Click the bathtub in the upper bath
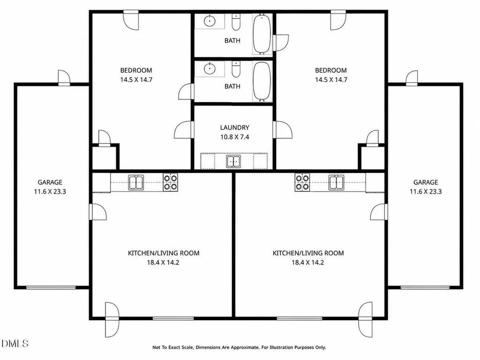262,34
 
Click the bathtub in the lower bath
262,81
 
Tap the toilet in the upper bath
236,22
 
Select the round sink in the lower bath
210,68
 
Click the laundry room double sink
233,161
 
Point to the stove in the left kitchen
170,182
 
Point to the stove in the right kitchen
302,182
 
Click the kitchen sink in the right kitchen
336,182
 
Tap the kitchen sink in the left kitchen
136,182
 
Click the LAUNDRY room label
234,127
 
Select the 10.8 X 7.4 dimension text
234,137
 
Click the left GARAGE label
50,182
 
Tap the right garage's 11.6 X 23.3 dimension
426,192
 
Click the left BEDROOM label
136,70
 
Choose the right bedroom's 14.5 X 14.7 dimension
331,80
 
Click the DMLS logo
15,343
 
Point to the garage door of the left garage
51,287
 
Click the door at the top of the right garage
412,78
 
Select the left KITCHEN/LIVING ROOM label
164,253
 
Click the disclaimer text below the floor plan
239,347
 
